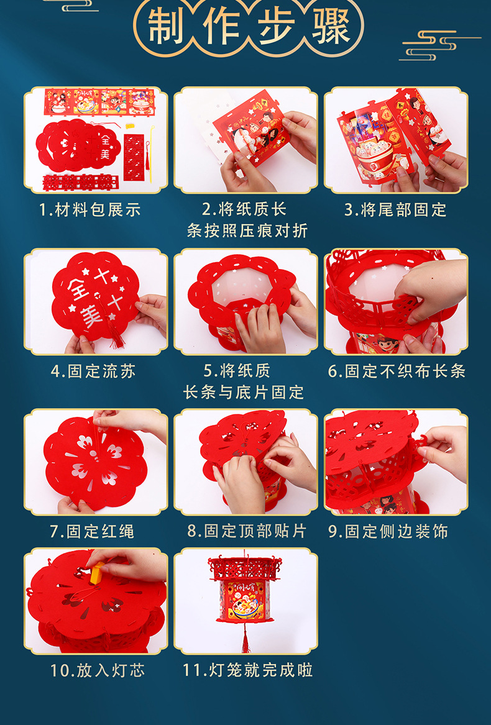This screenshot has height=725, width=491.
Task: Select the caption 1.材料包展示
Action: point(90,210)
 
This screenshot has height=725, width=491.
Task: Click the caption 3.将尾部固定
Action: point(395,210)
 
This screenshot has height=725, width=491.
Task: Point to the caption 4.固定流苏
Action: point(93,372)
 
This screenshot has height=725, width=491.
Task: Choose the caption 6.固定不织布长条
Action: point(397,372)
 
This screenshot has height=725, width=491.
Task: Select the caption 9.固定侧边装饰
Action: point(388,532)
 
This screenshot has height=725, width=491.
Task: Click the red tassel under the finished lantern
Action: point(245,640)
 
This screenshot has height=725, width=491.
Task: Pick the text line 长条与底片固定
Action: point(244,393)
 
